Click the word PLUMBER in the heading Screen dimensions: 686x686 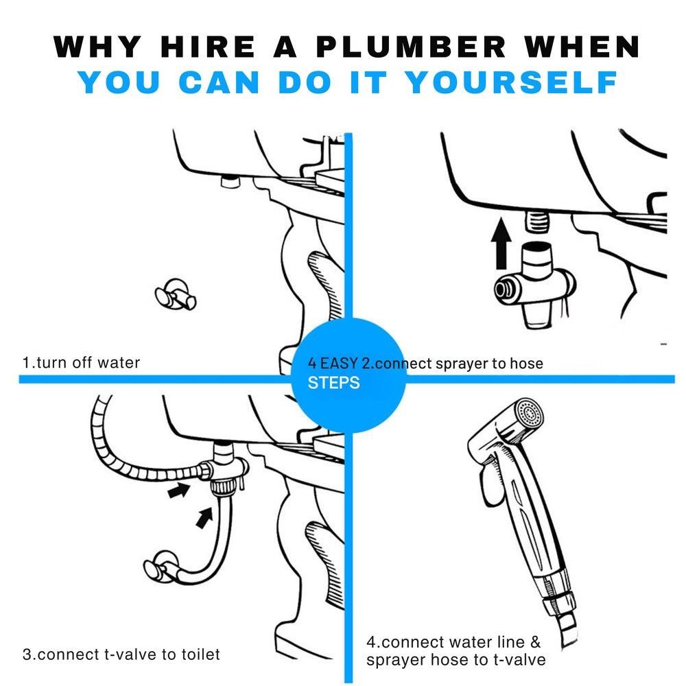411,47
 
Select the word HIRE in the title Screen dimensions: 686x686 208,47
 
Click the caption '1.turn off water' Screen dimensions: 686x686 81,363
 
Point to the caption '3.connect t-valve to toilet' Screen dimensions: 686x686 121,654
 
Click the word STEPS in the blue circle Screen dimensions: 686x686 333,383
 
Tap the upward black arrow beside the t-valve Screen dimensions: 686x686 501,244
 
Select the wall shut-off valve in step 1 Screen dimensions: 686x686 176,294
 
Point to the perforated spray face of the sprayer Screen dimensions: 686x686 529,412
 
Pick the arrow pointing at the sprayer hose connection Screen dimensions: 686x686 179,490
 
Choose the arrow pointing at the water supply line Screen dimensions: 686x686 204,517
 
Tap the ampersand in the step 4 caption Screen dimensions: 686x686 535,642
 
